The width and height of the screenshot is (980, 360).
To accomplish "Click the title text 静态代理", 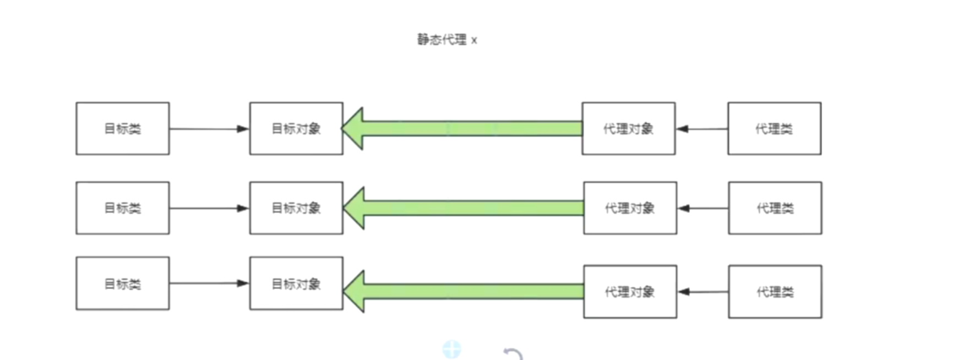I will click(442, 40).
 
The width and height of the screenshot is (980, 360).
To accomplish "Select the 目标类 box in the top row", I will click(123, 128).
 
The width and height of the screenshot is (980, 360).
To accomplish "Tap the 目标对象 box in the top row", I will click(296, 128).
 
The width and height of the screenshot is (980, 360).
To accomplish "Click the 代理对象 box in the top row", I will click(628, 128).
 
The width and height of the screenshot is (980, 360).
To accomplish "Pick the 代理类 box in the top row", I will click(774, 128).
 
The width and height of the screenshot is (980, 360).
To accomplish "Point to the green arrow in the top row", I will click(462, 129).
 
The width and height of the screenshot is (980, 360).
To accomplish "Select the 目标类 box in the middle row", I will click(123, 208).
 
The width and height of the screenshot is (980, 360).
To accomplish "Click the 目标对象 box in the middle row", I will click(296, 208).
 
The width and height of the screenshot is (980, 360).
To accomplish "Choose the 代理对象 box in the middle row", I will click(630, 208).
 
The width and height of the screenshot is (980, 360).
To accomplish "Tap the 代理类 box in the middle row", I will click(775, 208).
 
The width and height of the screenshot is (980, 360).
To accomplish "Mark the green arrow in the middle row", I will click(462, 208).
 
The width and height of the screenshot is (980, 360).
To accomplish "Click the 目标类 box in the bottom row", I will click(123, 283).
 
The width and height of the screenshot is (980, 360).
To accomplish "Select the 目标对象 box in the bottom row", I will click(296, 283).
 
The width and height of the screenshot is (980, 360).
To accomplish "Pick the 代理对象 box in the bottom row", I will click(630, 292).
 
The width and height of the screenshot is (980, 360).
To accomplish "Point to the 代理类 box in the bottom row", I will click(775, 292).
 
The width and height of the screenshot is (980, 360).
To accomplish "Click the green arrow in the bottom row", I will click(462, 291).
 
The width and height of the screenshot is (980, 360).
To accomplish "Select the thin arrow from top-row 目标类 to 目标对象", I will click(209, 129).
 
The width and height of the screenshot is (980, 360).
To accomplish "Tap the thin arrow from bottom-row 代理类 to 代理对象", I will click(703, 292).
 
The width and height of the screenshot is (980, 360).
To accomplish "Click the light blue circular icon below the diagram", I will click(451, 349).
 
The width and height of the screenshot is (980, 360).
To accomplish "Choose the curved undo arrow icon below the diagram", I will click(513, 354).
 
